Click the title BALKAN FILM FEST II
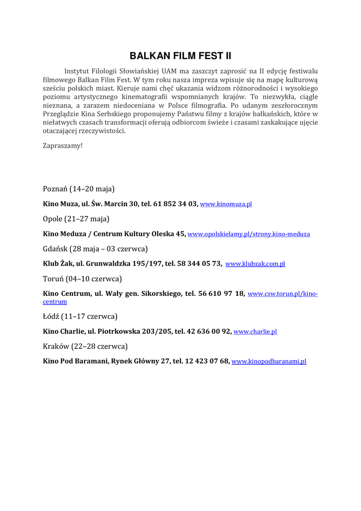180,56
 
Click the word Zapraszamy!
63,146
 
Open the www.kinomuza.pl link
226,204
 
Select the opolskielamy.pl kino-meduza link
248,234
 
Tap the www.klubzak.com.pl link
255,264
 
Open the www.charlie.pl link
255,331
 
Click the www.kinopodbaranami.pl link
269,361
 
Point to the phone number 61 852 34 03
177,204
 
